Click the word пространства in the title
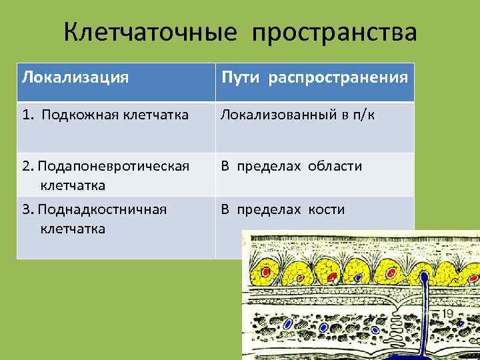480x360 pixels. pos(335,33)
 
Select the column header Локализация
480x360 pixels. pos(75,77)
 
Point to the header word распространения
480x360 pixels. pos(338,77)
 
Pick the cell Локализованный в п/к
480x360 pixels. pos(297,115)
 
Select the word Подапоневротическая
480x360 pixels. pos(113,165)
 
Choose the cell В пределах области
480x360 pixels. pos(291,165)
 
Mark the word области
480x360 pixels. pos(335,165)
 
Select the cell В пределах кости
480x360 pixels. pos(283,210)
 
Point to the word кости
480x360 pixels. pos(326,210)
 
